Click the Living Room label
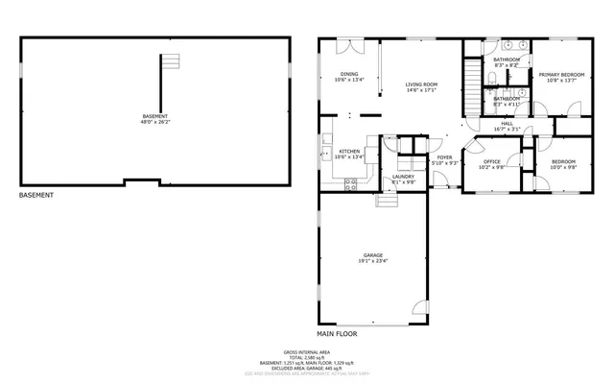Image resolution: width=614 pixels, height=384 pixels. tap(420, 84)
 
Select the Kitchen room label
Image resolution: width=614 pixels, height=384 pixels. tap(349, 151)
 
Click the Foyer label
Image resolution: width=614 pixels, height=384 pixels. tap(444, 157)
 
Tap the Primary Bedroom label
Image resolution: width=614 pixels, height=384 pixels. tap(561, 75)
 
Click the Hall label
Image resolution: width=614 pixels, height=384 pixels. tap(507, 123)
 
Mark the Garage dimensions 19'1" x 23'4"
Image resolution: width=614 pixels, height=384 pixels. tap(372, 261)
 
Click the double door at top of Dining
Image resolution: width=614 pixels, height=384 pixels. tap(345, 43)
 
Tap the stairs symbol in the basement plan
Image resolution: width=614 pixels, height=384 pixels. tap(171, 61)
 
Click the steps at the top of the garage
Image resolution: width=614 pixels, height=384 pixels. tap(386, 200)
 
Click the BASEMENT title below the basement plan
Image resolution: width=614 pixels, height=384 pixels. tap(35, 196)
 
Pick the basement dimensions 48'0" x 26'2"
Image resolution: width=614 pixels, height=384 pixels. tap(153, 122)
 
